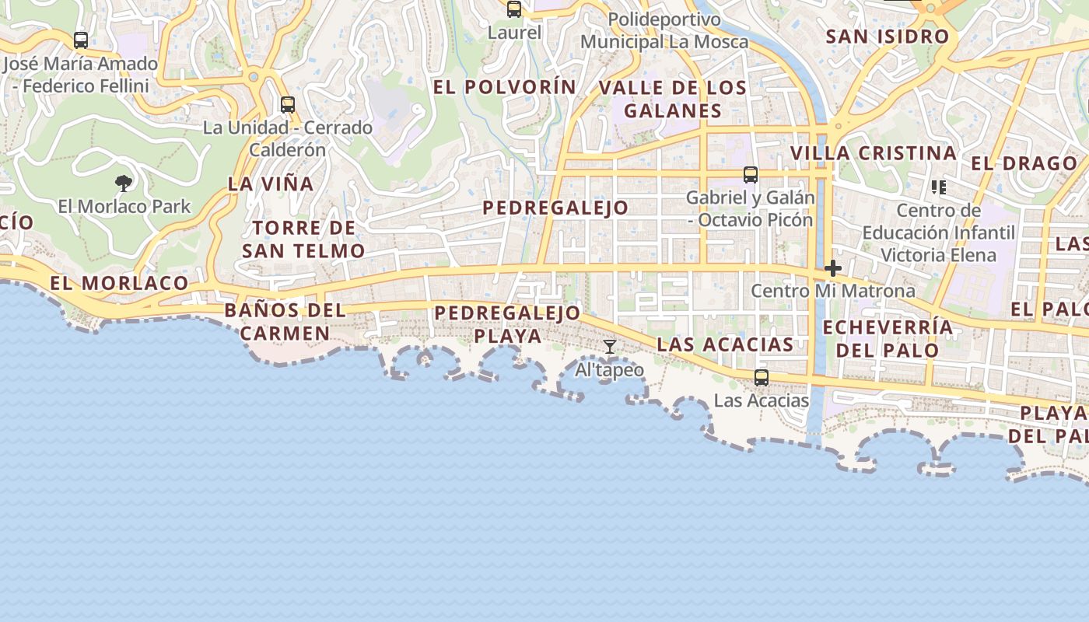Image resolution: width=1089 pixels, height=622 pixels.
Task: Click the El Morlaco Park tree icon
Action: pyautogui.click(x=123, y=183)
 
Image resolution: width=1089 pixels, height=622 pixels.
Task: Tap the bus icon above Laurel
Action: pyautogui.click(x=513, y=9)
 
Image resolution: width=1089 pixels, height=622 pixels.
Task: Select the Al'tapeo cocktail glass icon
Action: pyautogui.click(x=610, y=347)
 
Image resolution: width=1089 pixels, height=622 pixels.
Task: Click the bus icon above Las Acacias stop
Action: pyautogui.click(x=762, y=378)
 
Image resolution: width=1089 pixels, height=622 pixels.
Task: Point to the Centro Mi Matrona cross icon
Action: pyautogui.click(x=833, y=268)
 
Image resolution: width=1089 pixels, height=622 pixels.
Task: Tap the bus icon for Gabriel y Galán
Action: pyautogui.click(x=751, y=175)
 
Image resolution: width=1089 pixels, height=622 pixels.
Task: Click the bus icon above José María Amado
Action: pyautogui.click(x=81, y=40)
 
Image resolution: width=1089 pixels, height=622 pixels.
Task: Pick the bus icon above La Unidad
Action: pyautogui.click(x=288, y=104)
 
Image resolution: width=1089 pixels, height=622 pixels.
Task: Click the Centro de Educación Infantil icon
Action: pyautogui.click(x=939, y=187)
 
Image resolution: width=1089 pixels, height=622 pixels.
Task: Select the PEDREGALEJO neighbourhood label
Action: pyautogui.click(x=555, y=208)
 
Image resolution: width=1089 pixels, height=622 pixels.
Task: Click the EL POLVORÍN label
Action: pyautogui.click(x=505, y=87)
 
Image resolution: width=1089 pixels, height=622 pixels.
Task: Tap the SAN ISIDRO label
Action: pyautogui.click(x=888, y=37)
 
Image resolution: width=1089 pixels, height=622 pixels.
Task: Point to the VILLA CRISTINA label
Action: pyautogui.click(x=874, y=153)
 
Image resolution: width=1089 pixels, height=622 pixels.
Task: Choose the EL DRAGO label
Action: pyautogui.click(x=1024, y=163)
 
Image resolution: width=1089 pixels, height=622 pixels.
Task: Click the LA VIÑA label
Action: pyautogui.click(x=271, y=184)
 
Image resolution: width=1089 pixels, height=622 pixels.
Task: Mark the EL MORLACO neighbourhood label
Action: pyautogui.click(x=120, y=283)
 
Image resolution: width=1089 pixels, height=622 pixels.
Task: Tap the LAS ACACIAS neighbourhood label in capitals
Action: pyautogui.click(x=725, y=344)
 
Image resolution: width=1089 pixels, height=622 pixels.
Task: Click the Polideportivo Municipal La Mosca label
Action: pyautogui.click(x=664, y=30)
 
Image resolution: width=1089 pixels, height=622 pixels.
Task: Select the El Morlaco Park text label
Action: pyautogui.click(x=124, y=207)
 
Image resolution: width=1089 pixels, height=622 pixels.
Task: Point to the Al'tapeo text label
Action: pyautogui.click(x=610, y=370)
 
